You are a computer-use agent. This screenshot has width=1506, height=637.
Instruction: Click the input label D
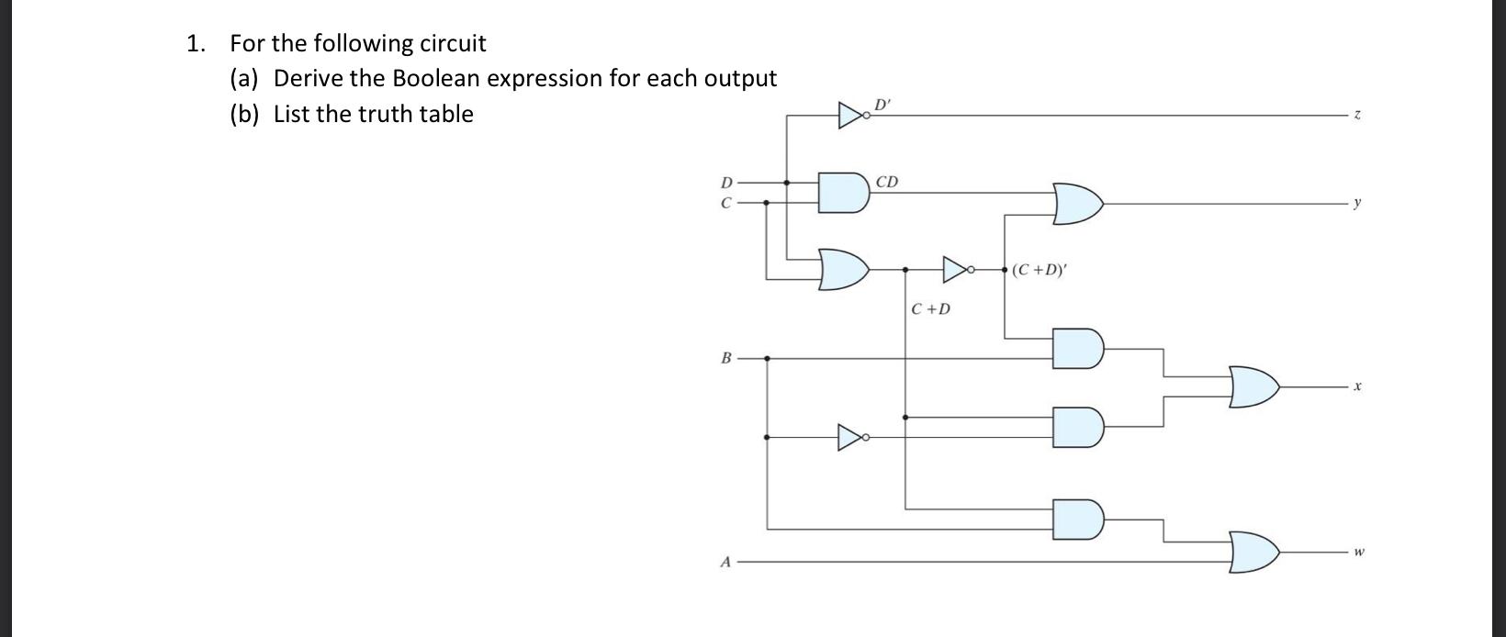(726, 183)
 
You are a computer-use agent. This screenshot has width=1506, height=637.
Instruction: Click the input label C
(726, 203)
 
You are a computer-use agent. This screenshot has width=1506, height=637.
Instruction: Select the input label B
(726, 358)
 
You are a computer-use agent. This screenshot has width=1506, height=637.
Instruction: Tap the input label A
(726, 561)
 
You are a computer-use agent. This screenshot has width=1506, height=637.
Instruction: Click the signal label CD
(887, 182)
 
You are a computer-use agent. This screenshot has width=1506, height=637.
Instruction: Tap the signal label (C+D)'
(1040, 270)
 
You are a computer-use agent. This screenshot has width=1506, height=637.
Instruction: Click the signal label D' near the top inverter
(882, 103)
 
